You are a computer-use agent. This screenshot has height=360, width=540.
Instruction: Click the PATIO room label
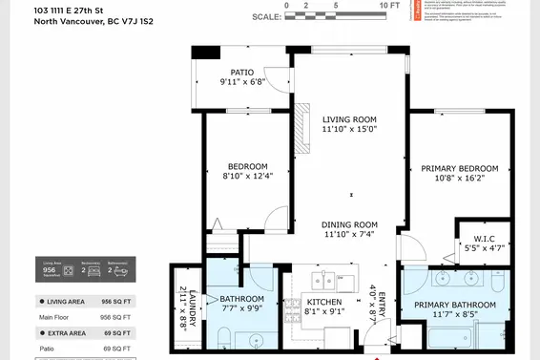tap(239, 71)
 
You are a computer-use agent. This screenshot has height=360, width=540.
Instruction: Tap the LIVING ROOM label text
tap(349, 118)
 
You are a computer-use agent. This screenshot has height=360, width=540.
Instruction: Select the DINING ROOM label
tap(349, 223)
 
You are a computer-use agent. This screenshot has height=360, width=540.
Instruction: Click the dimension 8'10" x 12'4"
tap(247, 176)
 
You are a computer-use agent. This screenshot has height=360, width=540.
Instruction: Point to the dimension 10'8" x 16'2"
tap(460, 179)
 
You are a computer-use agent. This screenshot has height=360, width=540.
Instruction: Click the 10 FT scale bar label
tap(389, 6)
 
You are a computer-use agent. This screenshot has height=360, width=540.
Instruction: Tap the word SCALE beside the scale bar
tap(266, 17)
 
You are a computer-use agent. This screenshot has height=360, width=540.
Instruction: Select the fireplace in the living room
tap(304, 128)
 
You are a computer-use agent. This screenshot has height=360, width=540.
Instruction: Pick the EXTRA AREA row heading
tap(74, 333)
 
